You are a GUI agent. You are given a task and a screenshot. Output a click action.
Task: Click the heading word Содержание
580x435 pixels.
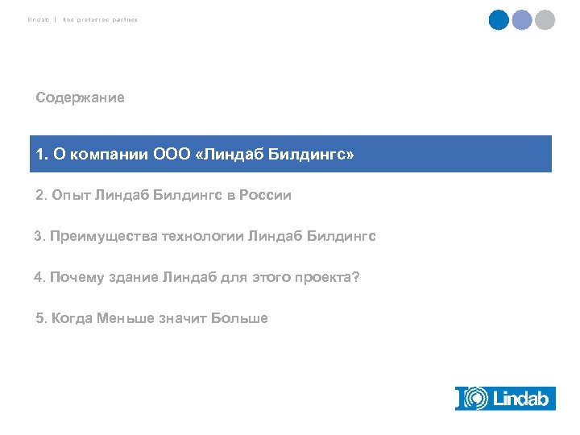coord(80,97)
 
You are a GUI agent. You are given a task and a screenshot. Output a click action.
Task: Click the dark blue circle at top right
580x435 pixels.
coord(499,20)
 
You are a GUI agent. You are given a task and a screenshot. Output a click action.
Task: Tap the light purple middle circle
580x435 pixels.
coord(522,20)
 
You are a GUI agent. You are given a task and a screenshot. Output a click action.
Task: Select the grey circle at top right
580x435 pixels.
coord(545,20)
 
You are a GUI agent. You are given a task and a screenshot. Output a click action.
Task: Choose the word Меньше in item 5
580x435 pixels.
coord(123,318)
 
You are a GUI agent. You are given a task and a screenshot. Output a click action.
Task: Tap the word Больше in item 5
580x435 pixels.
coord(239,318)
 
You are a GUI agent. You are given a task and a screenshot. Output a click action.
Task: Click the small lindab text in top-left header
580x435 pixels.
coord(37,19)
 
